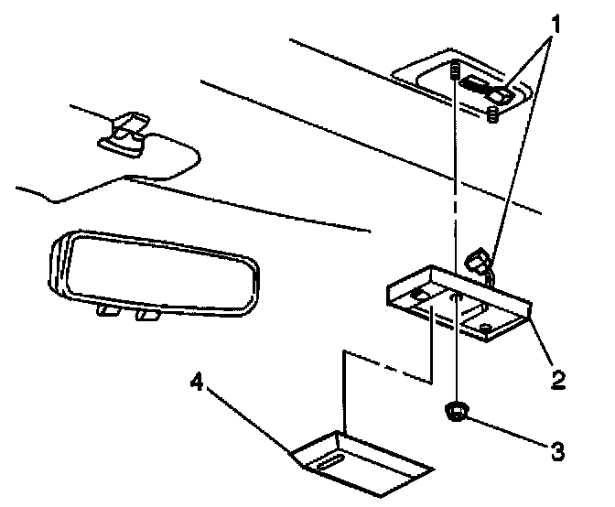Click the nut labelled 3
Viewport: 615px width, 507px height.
click(x=455, y=414)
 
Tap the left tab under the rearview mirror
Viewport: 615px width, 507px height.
click(x=108, y=312)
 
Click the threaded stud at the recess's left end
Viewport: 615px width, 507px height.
click(x=455, y=70)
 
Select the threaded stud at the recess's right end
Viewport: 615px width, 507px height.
click(x=492, y=114)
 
